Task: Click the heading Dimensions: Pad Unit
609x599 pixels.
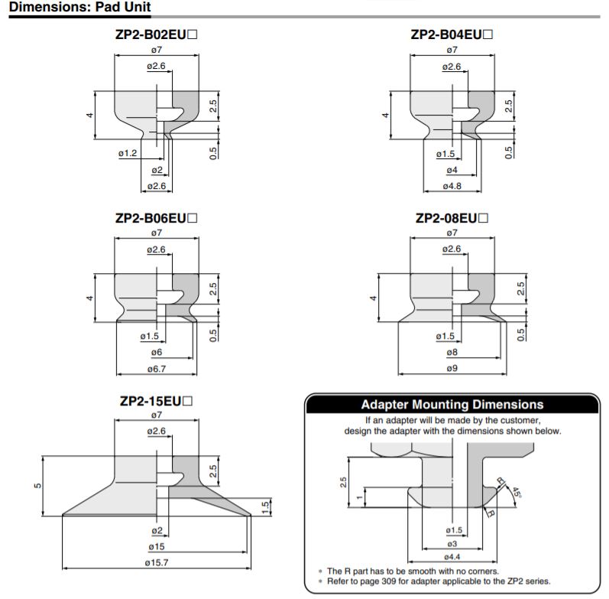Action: tap(79, 7)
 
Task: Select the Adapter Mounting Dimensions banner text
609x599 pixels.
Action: tap(452, 405)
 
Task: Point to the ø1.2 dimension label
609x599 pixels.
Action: tap(128, 153)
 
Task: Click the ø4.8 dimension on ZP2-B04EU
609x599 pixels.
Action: tap(452, 187)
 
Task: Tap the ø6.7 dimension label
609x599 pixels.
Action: tap(157, 369)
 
